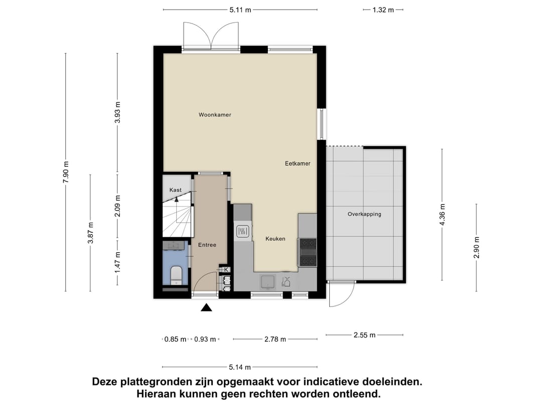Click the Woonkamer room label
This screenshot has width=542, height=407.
click(215, 115)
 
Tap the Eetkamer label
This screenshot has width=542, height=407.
click(298, 163)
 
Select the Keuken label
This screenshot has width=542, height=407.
click(275, 239)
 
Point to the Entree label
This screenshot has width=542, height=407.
click(207, 245)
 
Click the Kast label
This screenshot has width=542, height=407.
click(176, 190)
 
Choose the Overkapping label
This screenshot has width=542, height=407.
click(364, 214)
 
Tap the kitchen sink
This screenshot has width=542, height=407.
click(266, 282)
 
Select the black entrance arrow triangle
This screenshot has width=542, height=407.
click(206, 308)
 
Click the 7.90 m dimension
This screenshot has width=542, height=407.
click(65, 172)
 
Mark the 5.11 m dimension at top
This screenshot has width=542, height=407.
click(240, 10)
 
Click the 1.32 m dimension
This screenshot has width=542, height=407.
click(383, 10)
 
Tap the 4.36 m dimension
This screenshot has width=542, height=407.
click(442, 214)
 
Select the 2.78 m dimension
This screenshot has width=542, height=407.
click(275, 339)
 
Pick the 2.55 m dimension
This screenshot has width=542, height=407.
click(365, 335)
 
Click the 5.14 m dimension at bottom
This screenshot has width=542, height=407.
click(240, 367)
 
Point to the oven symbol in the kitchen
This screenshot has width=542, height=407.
click(242, 231)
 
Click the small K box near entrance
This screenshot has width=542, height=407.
click(226, 270)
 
